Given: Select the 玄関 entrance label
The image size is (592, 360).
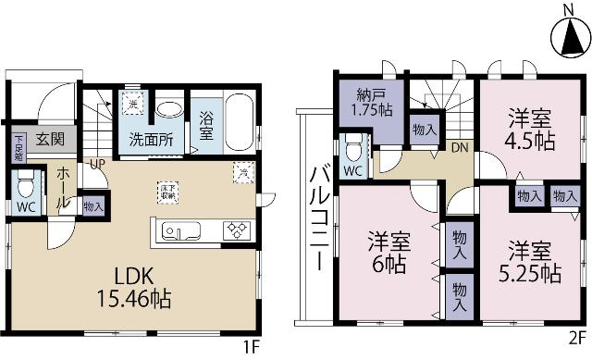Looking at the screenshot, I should pos(50,141).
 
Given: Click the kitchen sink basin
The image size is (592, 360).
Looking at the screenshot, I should pos(177,230).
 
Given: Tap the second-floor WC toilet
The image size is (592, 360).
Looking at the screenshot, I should pos(352,150).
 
